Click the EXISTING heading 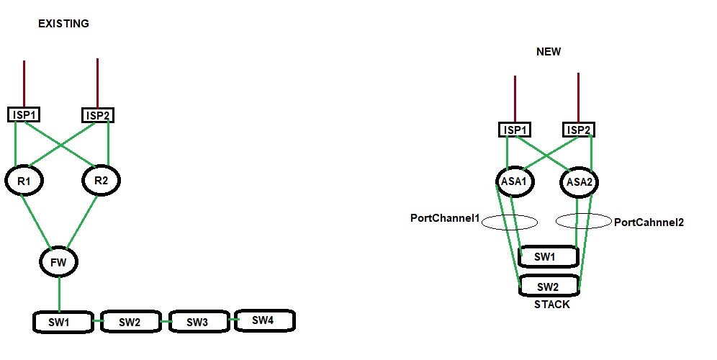click(63, 24)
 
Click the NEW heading click(549, 52)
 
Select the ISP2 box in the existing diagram click(99, 114)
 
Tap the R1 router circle click(24, 181)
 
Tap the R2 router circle click(101, 181)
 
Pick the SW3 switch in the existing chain click(197, 321)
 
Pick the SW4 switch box click(264, 320)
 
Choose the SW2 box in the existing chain click(130, 321)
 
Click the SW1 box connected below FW click(63, 321)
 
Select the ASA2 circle click(580, 181)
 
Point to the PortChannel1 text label click(444, 217)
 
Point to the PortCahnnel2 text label click(648, 222)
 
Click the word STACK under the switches click(551, 305)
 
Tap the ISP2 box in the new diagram click(579, 130)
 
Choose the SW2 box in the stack click(549, 287)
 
